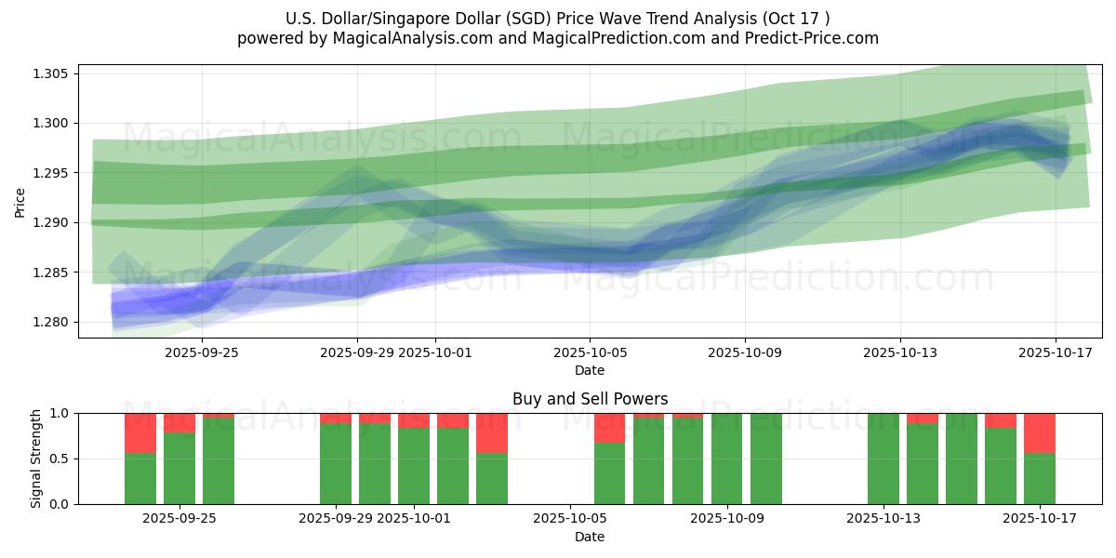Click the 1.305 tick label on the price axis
click(x=52, y=74)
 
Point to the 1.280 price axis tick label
click(x=52, y=323)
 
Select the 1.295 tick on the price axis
click(x=52, y=174)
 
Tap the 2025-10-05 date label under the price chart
click(x=590, y=353)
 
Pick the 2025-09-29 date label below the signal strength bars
click(x=336, y=519)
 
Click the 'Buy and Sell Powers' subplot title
click(x=590, y=399)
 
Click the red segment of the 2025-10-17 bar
click(x=1040, y=432)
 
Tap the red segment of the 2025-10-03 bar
click(x=492, y=432)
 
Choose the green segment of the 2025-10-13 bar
click(x=883, y=458)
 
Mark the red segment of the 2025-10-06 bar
click(x=610, y=428)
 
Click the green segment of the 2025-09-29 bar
click(x=336, y=463)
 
